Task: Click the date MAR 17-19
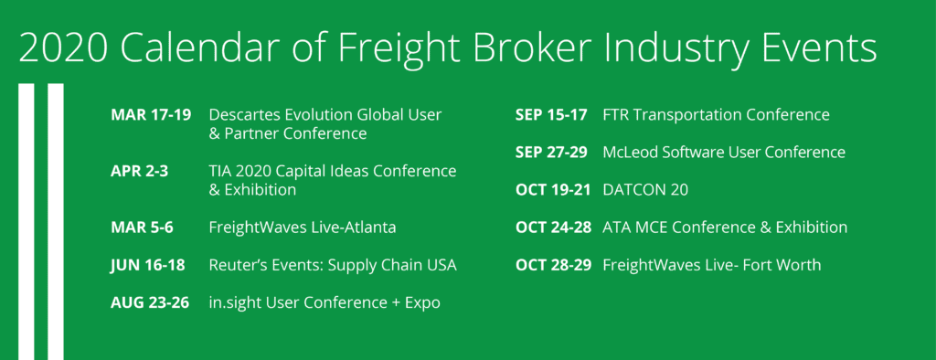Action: pyautogui.click(x=151, y=114)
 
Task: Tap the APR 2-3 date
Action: pyautogui.click(x=139, y=172)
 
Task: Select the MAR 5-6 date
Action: pyautogui.click(x=142, y=228)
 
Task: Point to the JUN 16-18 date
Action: pyautogui.click(x=147, y=265)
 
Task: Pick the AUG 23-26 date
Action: pyautogui.click(x=150, y=302)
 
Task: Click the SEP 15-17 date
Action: pyautogui.click(x=551, y=114)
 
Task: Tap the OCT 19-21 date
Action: pyautogui.click(x=553, y=190)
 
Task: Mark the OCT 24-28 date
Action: pyautogui.click(x=553, y=228)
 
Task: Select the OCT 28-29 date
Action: pyautogui.click(x=553, y=265)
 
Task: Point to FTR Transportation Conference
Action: pyautogui.click(x=717, y=114)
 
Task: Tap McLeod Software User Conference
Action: pyautogui.click(x=724, y=153)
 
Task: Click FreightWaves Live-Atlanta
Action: pyautogui.click(x=303, y=228)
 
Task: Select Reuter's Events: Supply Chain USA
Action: pyautogui.click(x=333, y=265)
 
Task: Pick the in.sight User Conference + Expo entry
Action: pyautogui.click(x=324, y=302)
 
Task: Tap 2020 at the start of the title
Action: pyautogui.click(x=64, y=48)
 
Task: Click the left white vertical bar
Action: pyautogui.click(x=27, y=221)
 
